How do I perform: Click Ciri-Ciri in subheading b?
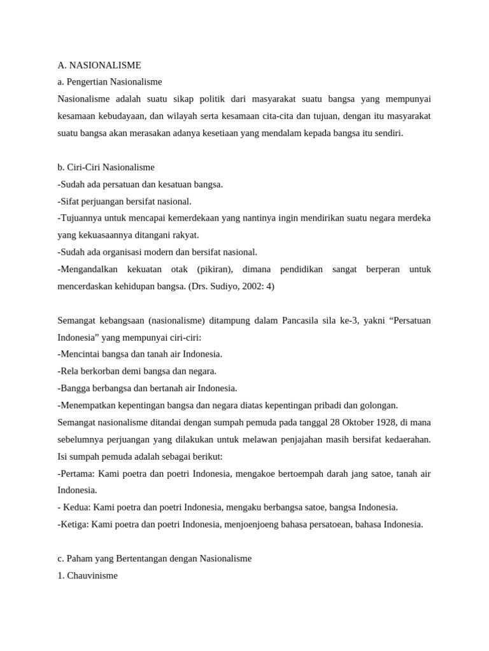(83, 167)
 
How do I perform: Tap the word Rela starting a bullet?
(70, 371)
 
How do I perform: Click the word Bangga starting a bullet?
(75, 388)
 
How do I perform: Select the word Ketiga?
(74, 524)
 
